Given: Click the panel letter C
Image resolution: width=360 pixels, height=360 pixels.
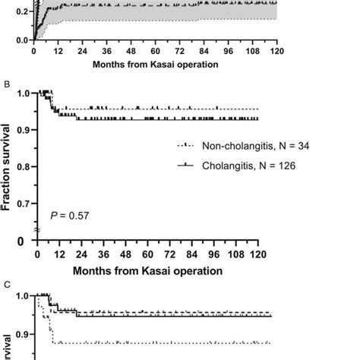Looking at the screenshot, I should click(x=5, y=284).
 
